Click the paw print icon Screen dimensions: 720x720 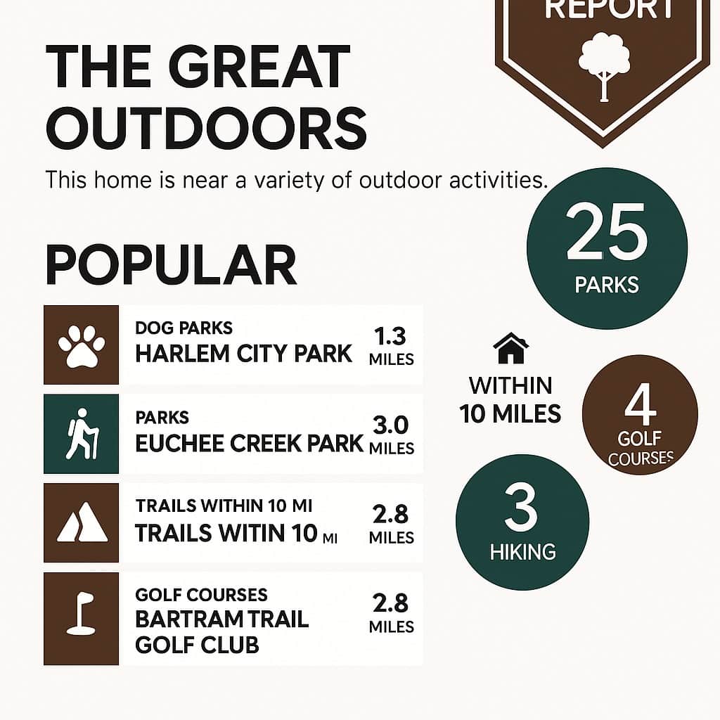pyautogui.click(x=82, y=346)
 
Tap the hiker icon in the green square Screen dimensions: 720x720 pyautogui.click(x=82, y=434)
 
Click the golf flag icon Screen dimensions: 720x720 pyautogui.click(x=81, y=614)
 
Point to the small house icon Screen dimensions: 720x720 pyautogui.click(x=510, y=348)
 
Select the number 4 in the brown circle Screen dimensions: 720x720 pyautogui.click(x=640, y=404)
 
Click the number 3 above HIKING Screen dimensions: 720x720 pyautogui.click(x=521, y=508)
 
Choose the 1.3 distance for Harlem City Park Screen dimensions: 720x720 pyautogui.click(x=390, y=336)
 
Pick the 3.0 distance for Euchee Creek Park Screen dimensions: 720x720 pyautogui.click(x=390, y=425)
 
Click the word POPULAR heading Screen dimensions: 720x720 pyautogui.click(x=171, y=265)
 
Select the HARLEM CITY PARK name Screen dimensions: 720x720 pyautogui.click(x=243, y=354)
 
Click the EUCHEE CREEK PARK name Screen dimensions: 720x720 pyautogui.click(x=249, y=444)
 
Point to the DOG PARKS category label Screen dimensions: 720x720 pyautogui.click(x=184, y=328)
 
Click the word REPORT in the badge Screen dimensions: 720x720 pyautogui.click(x=609, y=9)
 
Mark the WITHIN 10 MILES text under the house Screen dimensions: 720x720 pyautogui.click(x=510, y=399)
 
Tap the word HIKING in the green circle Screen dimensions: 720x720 pyautogui.click(x=523, y=552)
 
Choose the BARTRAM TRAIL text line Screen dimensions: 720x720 pyautogui.click(x=221, y=619)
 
